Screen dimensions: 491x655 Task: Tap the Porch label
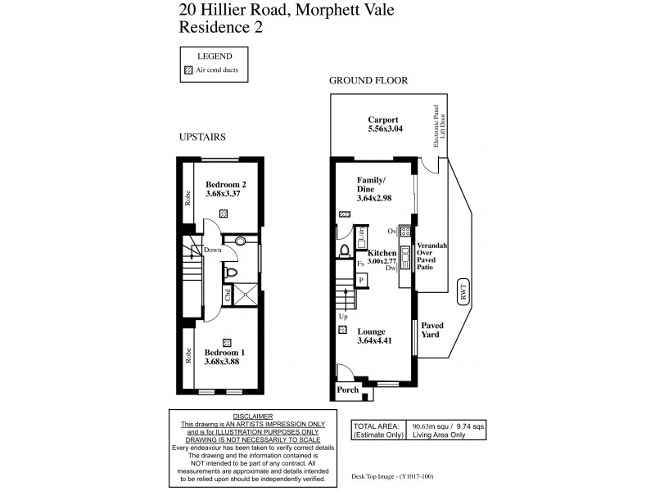[348, 391]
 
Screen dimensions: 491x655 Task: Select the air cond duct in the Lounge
[341, 330]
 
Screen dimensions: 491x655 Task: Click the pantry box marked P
[360, 281]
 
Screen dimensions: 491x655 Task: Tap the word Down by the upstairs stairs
[211, 250]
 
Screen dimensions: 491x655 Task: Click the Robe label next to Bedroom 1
[187, 355]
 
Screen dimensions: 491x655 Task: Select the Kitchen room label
[382, 254]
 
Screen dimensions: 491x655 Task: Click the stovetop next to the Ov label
[404, 232]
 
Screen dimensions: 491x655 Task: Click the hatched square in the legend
[187, 71]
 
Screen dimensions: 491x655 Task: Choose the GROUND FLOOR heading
[368, 80]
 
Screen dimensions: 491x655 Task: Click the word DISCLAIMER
[253, 417]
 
